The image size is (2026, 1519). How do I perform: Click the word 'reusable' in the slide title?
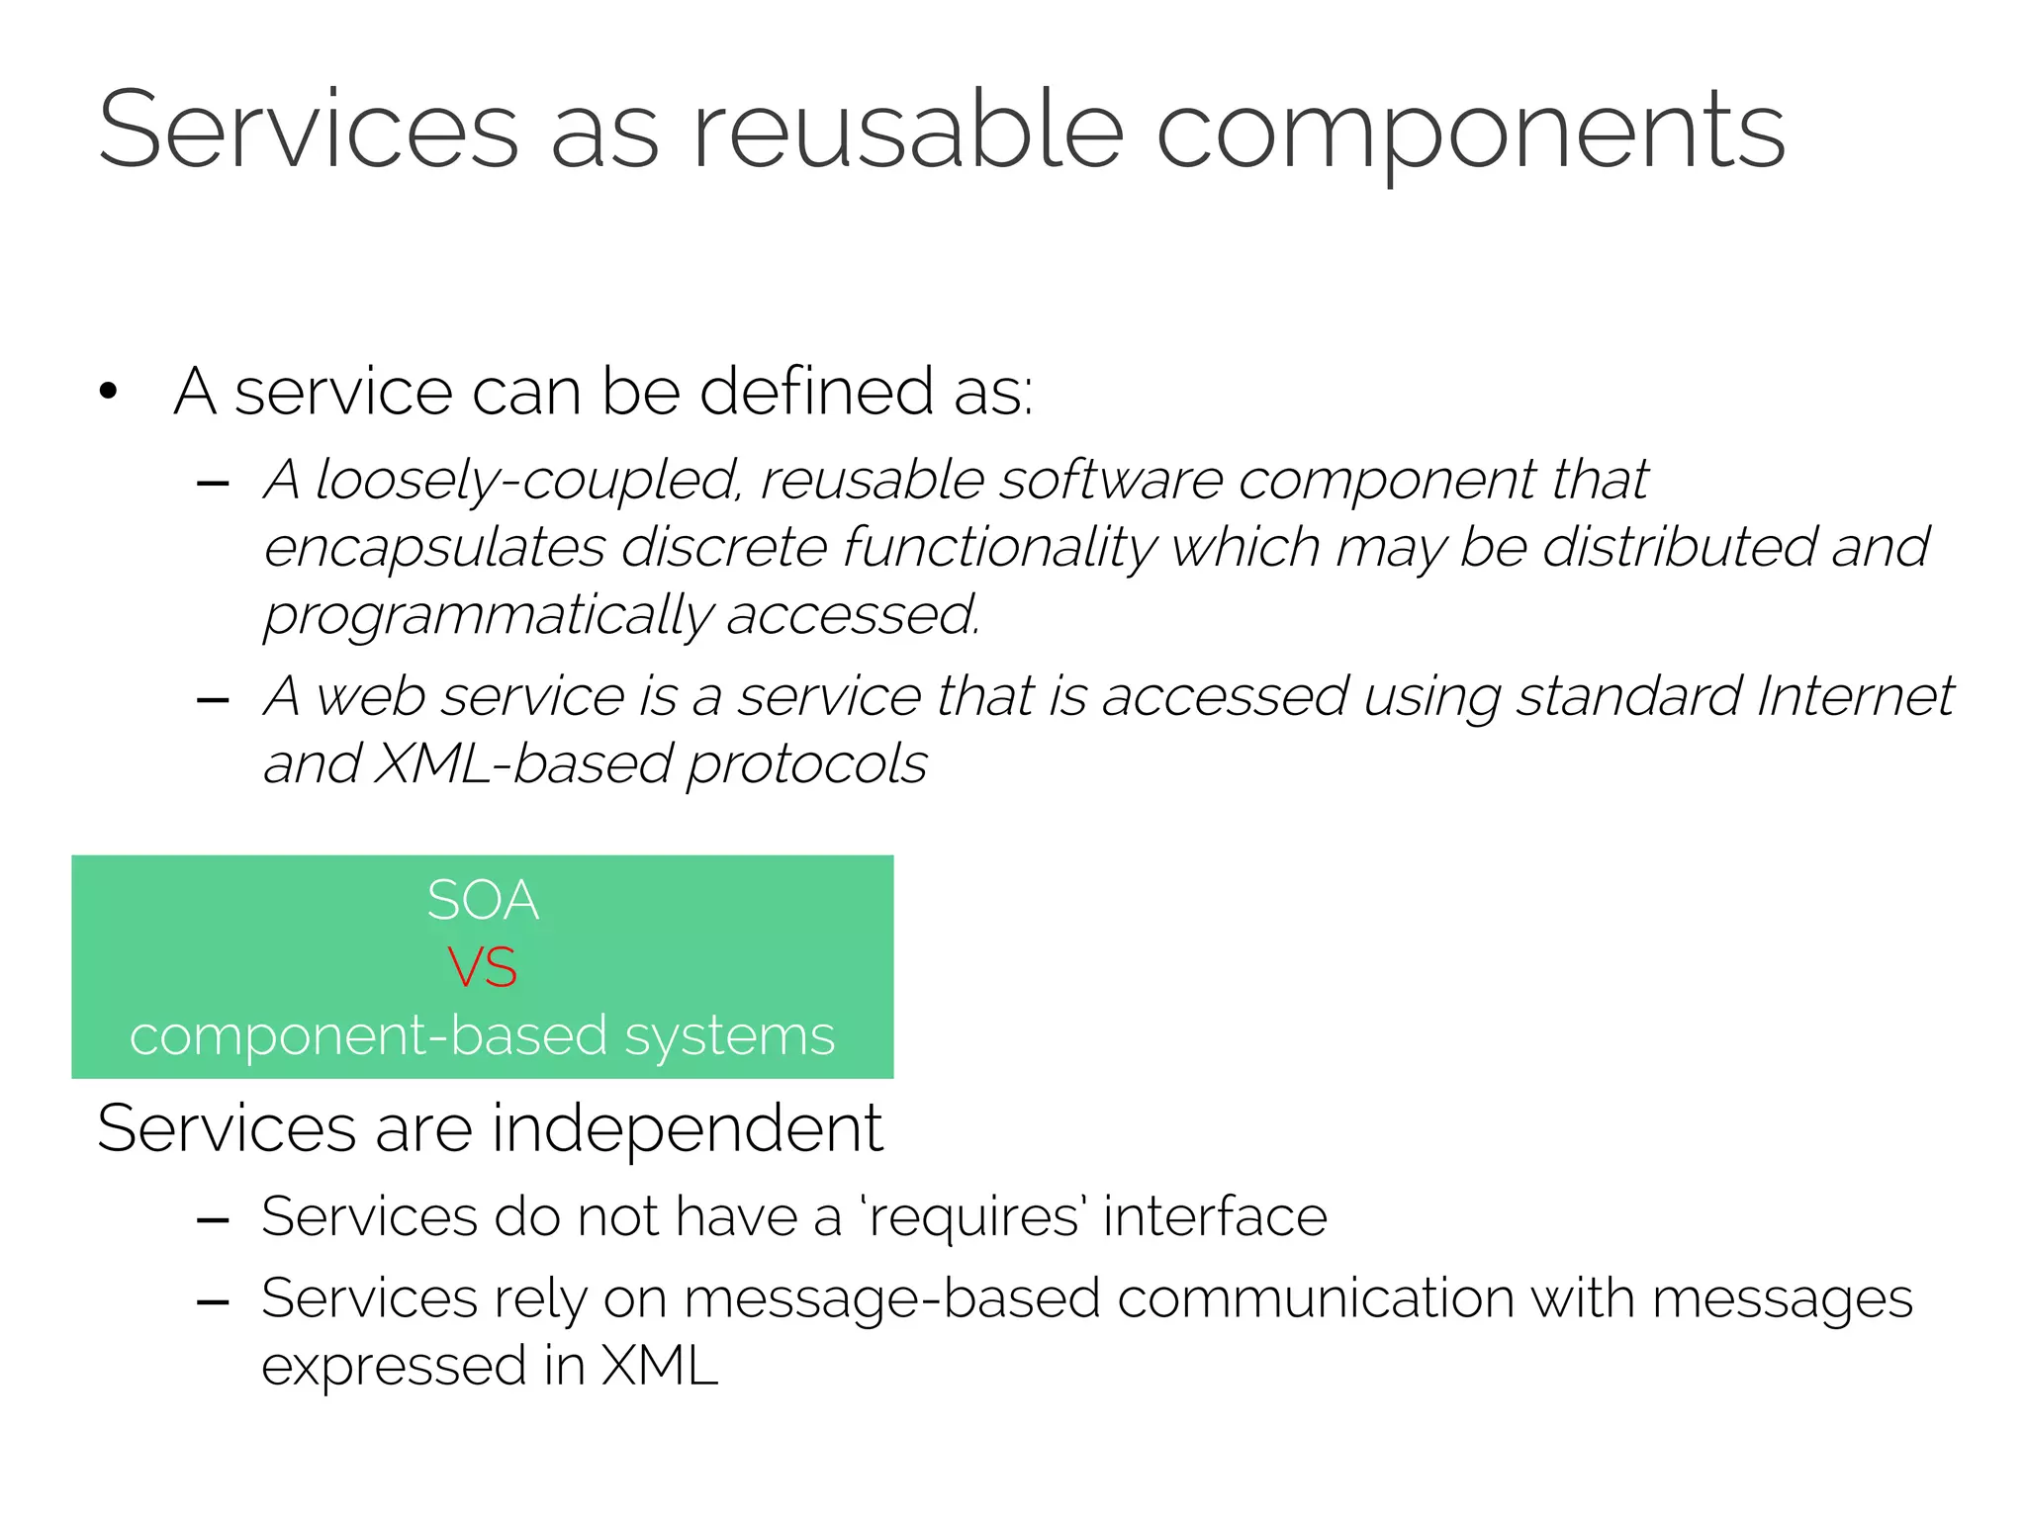907,131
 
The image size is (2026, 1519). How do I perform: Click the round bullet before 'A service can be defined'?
109,392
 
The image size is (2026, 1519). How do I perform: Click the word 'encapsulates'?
434,549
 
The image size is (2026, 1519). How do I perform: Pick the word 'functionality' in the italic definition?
999,549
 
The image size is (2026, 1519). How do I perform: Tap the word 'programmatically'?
487,616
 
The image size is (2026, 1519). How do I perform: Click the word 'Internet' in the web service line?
1855,696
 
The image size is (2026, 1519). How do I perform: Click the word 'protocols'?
806,765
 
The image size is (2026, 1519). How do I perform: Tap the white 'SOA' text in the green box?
483,901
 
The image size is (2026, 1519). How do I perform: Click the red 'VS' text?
482,967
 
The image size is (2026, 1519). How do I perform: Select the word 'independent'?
687,1128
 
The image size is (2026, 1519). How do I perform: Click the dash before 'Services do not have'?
213,1221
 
